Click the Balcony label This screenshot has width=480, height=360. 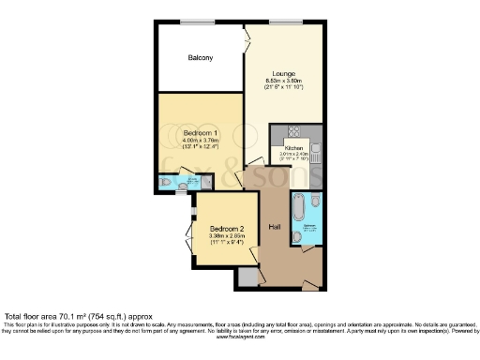pyautogui.click(x=200, y=58)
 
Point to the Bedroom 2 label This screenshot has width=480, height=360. pyautogui.click(x=228, y=229)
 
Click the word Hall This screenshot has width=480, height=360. pyautogui.click(x=275, y=227)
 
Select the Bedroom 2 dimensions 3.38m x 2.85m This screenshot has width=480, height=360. pyautogui.click(x=227, y=236)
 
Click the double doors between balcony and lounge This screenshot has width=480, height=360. pyautogui.click(x=246, y=41)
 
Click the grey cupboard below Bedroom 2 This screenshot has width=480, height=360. pyautogui.click(x=247, y=277)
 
